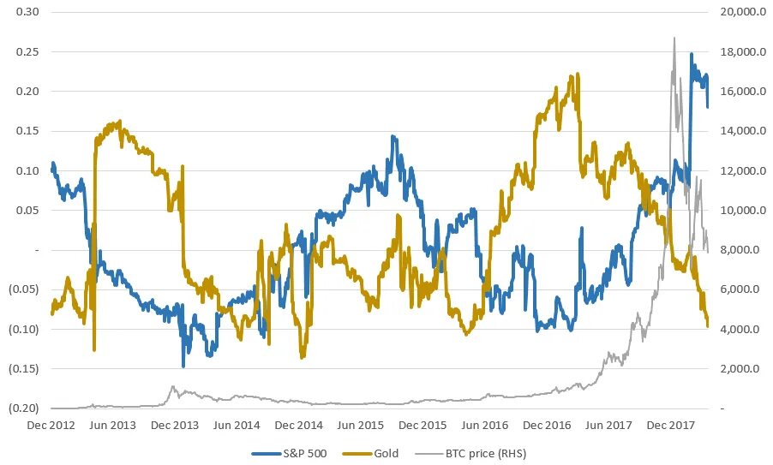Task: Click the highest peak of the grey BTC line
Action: [674, 38]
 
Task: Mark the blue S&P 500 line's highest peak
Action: [692, 54]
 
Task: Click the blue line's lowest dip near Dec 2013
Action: [183, 367]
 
